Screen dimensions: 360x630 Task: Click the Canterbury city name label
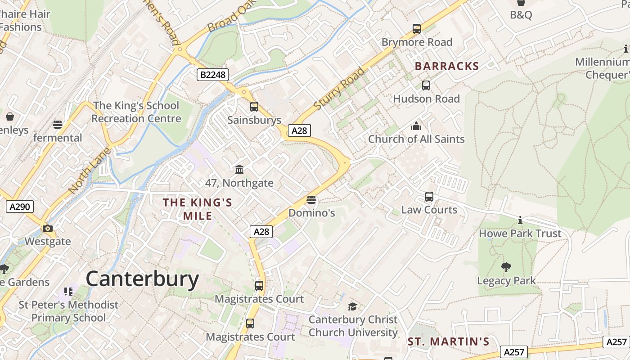tap(142, 279)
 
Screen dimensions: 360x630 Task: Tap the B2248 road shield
tap(213, 74)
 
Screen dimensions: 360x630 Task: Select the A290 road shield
tap(20, 207)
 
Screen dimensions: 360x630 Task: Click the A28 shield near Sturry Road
tap(299, 130)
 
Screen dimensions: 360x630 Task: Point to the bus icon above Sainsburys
tap(254, 107)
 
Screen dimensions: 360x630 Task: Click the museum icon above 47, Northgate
tap(239, 169)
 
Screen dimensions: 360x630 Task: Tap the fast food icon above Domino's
tap(311, 199)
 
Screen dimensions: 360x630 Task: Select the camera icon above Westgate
tap(47, 228)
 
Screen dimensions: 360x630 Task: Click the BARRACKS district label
tap(446, 66)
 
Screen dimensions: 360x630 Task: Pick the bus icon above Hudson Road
tap(426, 85)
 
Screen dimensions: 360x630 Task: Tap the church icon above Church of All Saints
tap(416, 126)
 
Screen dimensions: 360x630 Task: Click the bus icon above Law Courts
tap(429, 197)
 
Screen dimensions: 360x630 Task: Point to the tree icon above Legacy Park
tap(506, 267)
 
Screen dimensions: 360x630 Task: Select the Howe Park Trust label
tap(520, 234)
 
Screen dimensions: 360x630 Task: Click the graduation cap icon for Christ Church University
tap(353, 306)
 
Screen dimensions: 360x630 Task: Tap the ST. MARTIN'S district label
tap(448, 342)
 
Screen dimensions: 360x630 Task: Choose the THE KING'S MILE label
tap(198, 209)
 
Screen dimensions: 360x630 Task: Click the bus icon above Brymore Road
tap(417, 29)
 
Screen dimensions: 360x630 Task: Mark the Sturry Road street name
tap(339, 89)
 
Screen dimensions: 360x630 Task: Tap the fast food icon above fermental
tap(58, 124)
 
